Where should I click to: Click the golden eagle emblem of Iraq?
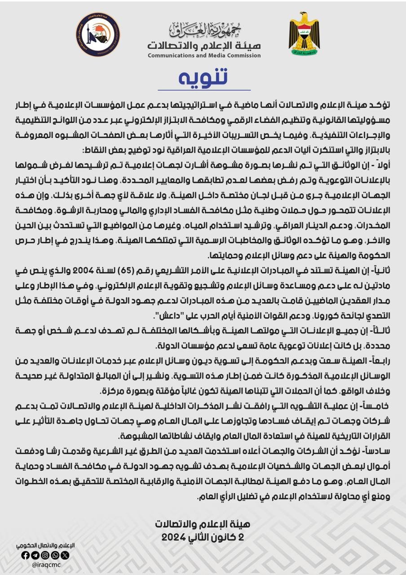tap(304, 34)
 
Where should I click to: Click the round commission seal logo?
tap(98, 35)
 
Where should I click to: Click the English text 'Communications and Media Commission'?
tap(204, 56)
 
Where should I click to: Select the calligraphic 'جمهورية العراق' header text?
tap(204, 30)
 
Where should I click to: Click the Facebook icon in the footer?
tap(26, 555)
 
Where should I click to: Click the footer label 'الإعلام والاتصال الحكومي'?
tap(45, 545)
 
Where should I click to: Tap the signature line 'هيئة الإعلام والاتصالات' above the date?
tap(203, 524)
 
